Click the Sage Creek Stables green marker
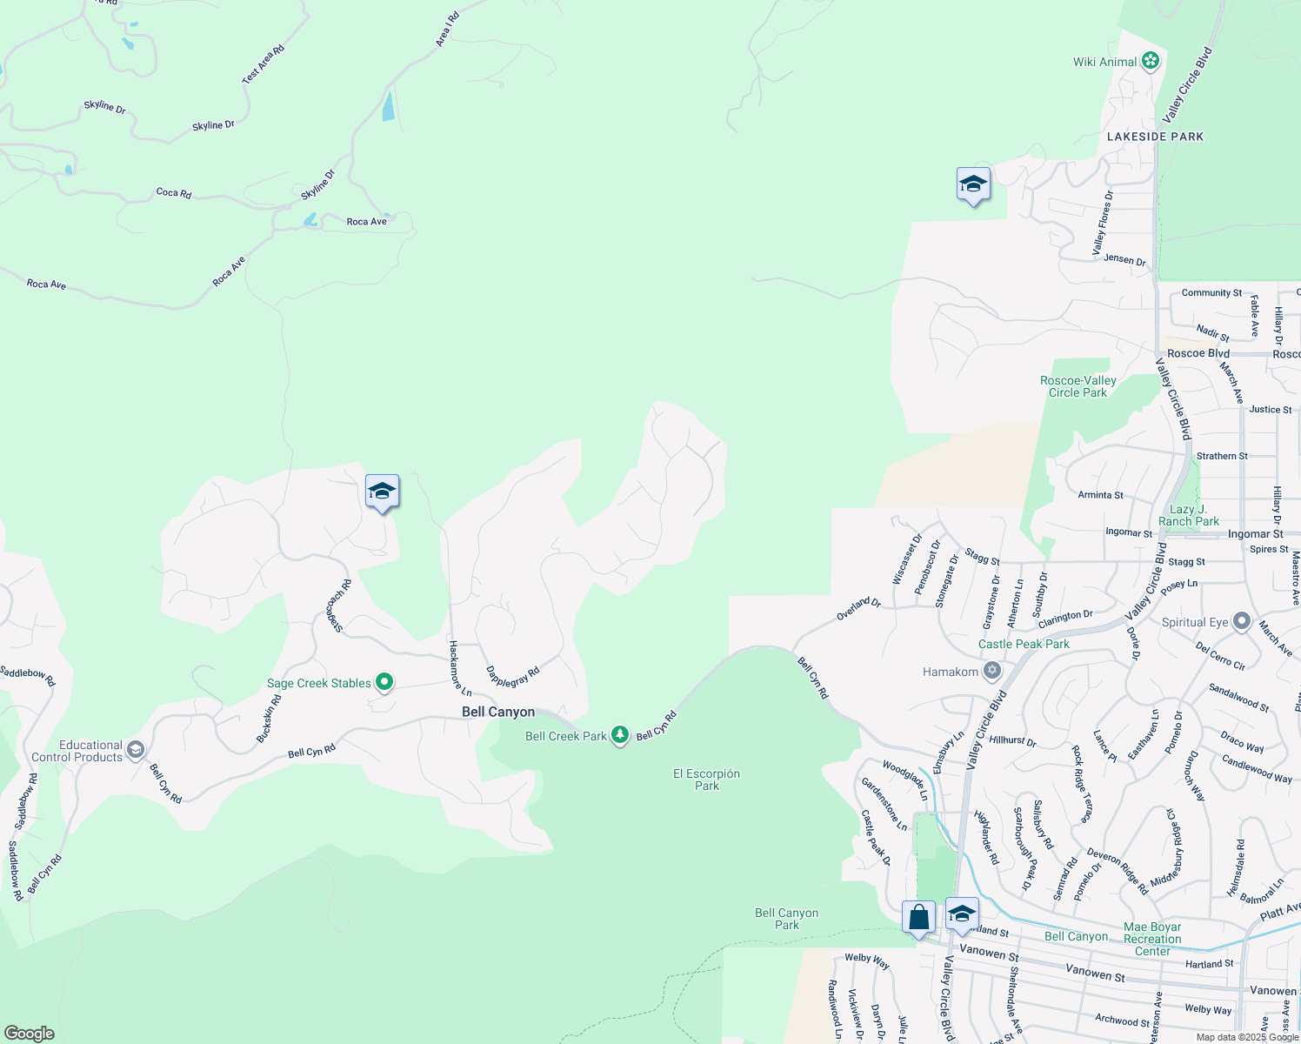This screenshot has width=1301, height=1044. point(384,683)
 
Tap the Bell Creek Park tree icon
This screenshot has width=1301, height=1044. point(619,736)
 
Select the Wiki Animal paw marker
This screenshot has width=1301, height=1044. point(1151,61)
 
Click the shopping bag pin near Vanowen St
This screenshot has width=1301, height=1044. point(918,918)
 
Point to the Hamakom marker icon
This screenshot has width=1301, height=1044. point(991,671)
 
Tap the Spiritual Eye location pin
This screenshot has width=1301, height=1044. point(1241,621)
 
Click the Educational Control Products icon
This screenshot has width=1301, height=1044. point(135,749)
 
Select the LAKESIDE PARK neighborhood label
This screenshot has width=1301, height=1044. point(1155,137)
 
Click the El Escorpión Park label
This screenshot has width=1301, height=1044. point(706,780)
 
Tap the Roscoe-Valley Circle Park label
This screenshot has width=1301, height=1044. point(1077,386)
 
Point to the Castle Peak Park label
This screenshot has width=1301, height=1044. point(1024,644)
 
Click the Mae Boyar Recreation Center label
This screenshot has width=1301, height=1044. point(1152,939)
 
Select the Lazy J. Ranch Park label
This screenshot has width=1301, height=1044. point(1188,515)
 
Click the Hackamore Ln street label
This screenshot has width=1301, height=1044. point(459,668)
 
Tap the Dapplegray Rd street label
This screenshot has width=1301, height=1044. point(512,676)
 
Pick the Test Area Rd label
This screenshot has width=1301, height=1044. point(263,64)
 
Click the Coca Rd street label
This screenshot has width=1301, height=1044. point(173,192)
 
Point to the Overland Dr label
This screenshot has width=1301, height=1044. point(858,608)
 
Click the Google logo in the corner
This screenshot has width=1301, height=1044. point(29,1034)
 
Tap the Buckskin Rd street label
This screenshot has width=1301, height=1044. point(269,719)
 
